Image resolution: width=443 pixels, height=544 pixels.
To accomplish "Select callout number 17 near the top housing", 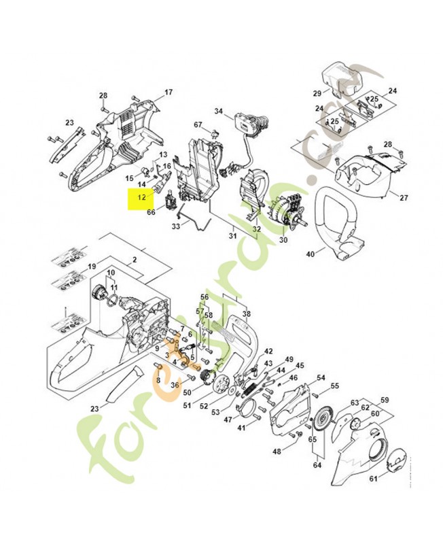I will (x=169, y=92).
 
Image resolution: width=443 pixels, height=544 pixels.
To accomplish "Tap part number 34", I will (x=219, y=111).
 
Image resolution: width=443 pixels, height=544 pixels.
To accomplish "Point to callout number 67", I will (x=198, y=124).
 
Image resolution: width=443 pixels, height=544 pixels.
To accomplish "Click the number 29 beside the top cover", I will (x=317, y=93).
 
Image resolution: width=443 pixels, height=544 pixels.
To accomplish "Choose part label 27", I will (x=404, y=198).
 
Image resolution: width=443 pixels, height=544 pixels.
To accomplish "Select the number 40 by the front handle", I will (x=310, y=254).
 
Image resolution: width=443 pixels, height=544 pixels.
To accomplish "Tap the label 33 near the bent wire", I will (x=176, y=226).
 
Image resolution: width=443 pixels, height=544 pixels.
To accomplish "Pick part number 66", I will (x=151, y=212).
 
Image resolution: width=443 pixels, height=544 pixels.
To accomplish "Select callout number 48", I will (x=277, y=452).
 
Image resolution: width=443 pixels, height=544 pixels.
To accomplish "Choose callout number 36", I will (x=175, y=386).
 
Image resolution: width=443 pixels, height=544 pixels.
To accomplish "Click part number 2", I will (x=135, y=260).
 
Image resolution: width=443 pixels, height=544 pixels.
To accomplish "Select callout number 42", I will (x=268, y=351).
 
